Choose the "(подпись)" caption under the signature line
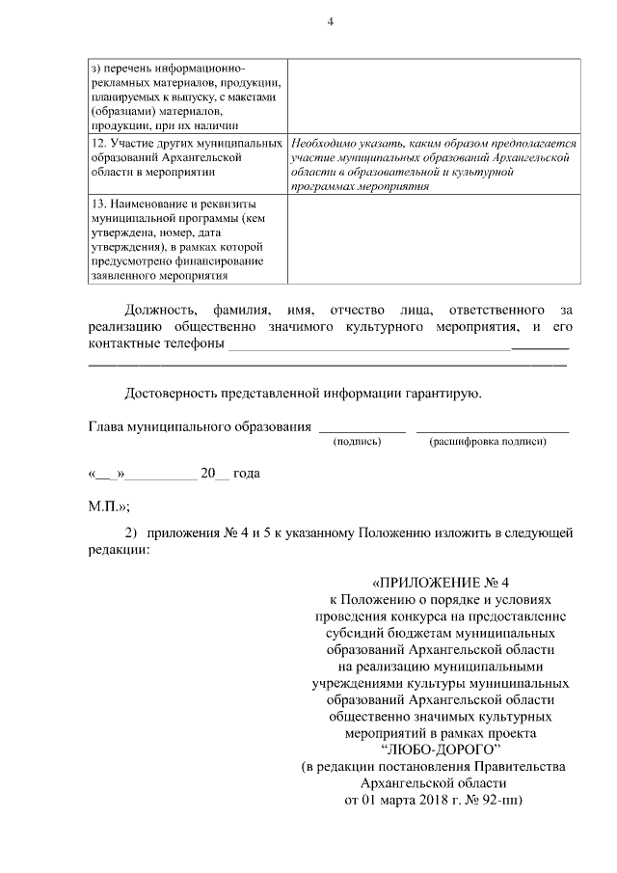pos(357,442)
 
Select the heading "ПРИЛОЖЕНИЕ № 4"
pos(445,583)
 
